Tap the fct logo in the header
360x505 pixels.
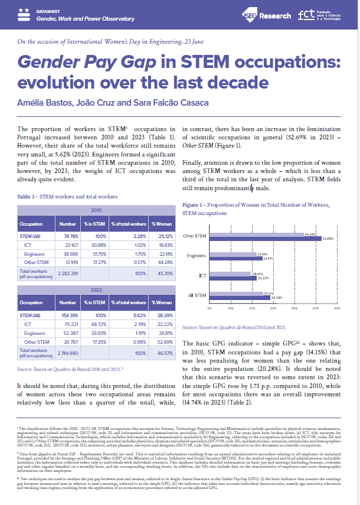(322, 16)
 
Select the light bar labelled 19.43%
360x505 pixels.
(231, 275)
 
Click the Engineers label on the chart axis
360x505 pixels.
(197, 256)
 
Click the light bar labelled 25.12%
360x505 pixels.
(237, 293)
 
